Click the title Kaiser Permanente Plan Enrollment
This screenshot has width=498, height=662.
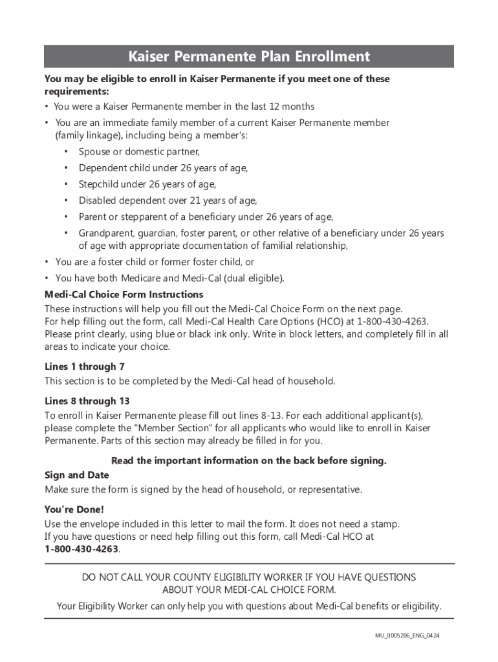pos(249,57)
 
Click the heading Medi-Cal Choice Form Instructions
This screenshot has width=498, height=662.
pos(124,295)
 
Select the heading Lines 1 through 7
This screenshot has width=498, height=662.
pos(85,367)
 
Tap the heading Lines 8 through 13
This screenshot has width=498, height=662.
pos(87,401)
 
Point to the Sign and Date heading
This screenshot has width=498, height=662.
pos(76,475)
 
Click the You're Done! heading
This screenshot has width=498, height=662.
pos(74,509)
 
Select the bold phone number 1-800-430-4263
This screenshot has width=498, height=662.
pos(82,550)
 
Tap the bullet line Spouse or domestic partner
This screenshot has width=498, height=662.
pos(139,152)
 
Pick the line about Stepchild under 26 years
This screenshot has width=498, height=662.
pos(147,184)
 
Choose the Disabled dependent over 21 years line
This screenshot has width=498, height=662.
pos(168,200)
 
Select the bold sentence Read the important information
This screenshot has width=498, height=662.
pos(249,461)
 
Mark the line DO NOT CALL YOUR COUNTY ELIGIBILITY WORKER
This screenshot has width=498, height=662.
pos(249,577)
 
